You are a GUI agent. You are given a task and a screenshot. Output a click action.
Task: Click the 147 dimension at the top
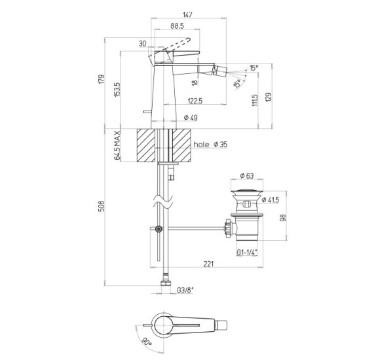[x=187, y=14]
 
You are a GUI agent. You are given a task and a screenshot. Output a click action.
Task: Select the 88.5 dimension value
[x=177, y=26]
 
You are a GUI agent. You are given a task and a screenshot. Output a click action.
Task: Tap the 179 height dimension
[x=102, y=79]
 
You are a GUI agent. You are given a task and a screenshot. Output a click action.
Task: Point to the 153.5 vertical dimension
[x=117, y=90]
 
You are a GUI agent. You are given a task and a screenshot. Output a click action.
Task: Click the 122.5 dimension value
[x=195, y=101]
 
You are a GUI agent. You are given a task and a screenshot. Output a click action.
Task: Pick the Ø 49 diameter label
[x=191, y=118]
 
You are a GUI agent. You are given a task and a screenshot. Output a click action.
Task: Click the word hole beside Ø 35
[x=201, y=145]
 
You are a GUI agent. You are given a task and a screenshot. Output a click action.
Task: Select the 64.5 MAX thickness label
[x=117, y=145]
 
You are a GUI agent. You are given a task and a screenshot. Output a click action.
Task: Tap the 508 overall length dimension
[x=102, y=206]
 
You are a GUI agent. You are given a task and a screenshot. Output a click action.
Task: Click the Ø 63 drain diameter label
[x=247, y=176]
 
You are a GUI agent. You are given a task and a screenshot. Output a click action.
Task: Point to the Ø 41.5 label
[x=270, y=200]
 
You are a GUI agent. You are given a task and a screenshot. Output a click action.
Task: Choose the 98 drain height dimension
[x=283, y=217]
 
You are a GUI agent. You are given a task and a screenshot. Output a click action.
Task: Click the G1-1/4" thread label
[x=247, y=253]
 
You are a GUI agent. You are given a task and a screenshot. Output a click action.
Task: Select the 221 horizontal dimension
[x=208, y=264]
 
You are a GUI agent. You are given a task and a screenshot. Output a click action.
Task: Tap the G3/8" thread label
[x=185, y=290]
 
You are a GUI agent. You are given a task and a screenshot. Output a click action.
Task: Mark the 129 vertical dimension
[x=269, y=97]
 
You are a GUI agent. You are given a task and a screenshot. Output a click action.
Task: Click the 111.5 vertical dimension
[x=255, y=100]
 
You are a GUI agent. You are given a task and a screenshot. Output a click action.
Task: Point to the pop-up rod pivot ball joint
[x=159, y=228]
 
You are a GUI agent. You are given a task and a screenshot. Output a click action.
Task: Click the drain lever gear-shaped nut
[x=228, y=228]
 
